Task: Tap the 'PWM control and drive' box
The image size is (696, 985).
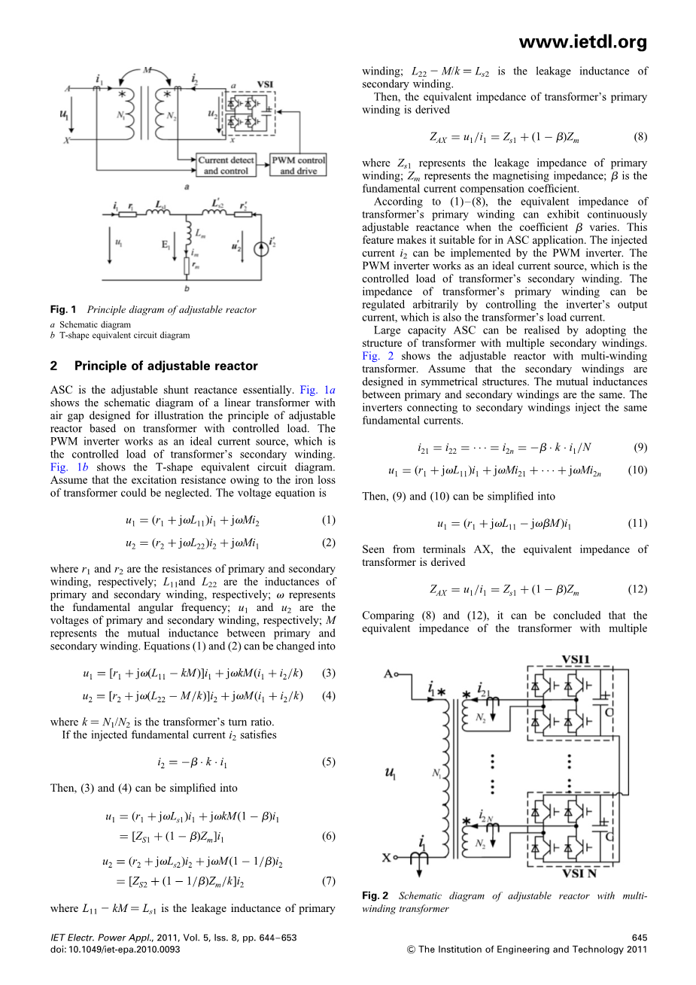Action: [298, 166]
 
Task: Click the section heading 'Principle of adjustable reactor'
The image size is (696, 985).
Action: [166, 366]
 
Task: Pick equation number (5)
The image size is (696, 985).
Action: [328, 762]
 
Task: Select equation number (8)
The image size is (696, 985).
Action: [640, 137]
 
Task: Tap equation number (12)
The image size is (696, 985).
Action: [637, 589]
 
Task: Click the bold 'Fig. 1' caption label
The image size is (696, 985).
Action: [64, 309]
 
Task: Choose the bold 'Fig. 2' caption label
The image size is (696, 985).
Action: [375, 895]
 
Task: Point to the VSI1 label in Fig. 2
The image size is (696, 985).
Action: [576, 659]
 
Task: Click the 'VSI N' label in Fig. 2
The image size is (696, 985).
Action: [579, 873]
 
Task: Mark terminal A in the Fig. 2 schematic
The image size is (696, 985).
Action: [389, 673]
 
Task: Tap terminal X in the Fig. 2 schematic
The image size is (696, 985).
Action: [388, 857]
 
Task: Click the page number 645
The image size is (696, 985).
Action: [639, 938]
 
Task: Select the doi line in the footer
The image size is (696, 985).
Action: [115, 950]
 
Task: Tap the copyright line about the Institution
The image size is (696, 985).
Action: [526, 950]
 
